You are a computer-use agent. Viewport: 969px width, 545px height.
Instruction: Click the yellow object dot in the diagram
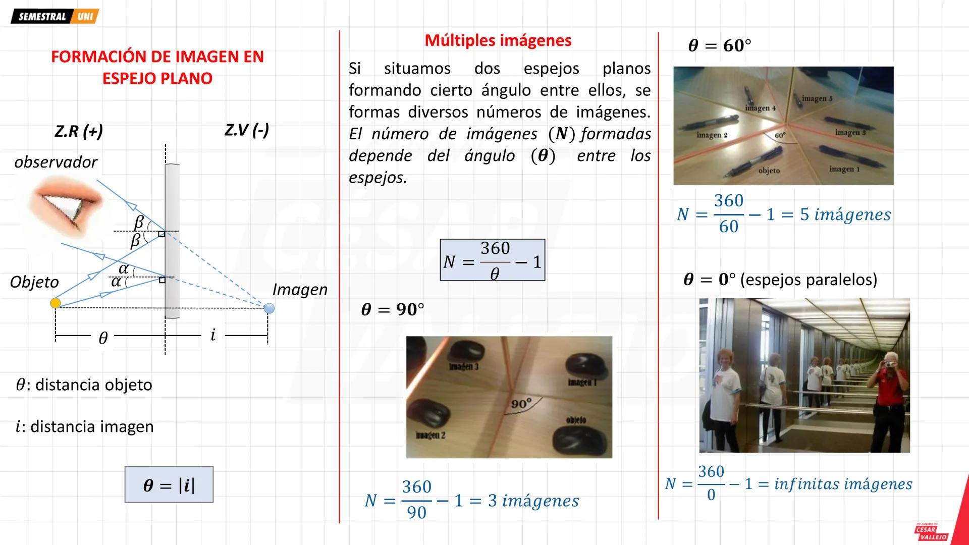[56, 303]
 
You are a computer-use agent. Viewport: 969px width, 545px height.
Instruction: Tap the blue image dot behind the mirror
[269, 308]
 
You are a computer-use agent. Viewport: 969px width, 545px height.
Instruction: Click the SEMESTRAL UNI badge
[55, 17]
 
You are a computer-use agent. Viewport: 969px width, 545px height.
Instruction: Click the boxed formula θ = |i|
[169, 485]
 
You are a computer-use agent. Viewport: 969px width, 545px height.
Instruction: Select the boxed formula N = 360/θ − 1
[492, 260]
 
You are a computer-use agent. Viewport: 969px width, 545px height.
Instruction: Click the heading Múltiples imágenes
[498, 40]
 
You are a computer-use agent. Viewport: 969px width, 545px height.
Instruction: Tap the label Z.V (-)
[246, 130]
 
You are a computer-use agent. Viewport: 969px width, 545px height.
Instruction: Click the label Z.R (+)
[78, 131]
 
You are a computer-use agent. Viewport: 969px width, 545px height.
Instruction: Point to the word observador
[56, 162]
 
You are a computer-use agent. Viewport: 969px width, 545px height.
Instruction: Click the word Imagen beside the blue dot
[300, 290]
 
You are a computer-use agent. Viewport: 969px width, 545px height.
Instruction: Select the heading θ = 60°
[719, 46]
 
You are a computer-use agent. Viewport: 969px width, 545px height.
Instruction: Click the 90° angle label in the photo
[521, 404]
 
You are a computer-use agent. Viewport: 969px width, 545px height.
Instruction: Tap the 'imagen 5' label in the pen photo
[817, 99]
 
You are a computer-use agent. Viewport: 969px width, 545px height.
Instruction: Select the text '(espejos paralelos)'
[809, 280]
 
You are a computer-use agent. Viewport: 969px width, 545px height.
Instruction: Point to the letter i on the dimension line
[213, 335]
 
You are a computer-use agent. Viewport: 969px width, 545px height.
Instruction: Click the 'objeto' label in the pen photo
[769, 171]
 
